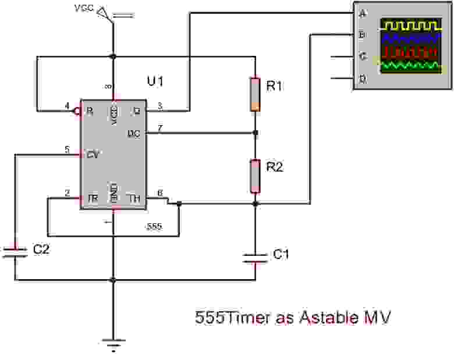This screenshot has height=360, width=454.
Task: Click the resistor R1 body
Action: pos(255,93)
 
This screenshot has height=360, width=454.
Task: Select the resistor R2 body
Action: pos(255,176)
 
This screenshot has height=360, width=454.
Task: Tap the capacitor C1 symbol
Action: pos(255,258)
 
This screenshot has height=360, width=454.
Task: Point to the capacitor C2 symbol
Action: pos(15,251)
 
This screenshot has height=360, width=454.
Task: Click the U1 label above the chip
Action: pos(155,81)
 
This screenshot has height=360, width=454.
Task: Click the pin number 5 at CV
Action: pos(67,149)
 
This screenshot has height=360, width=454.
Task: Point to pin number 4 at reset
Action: pos(67,106)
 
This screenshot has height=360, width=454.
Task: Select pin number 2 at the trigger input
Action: pos(67,194)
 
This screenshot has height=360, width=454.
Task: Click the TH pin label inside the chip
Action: pos(135,199)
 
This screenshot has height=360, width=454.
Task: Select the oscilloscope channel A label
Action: pos(363,13)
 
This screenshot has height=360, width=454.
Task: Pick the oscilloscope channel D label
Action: pos(363,79)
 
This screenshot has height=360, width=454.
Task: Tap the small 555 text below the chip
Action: pos(154,226)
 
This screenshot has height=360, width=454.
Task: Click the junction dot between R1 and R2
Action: pos(255,133)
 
